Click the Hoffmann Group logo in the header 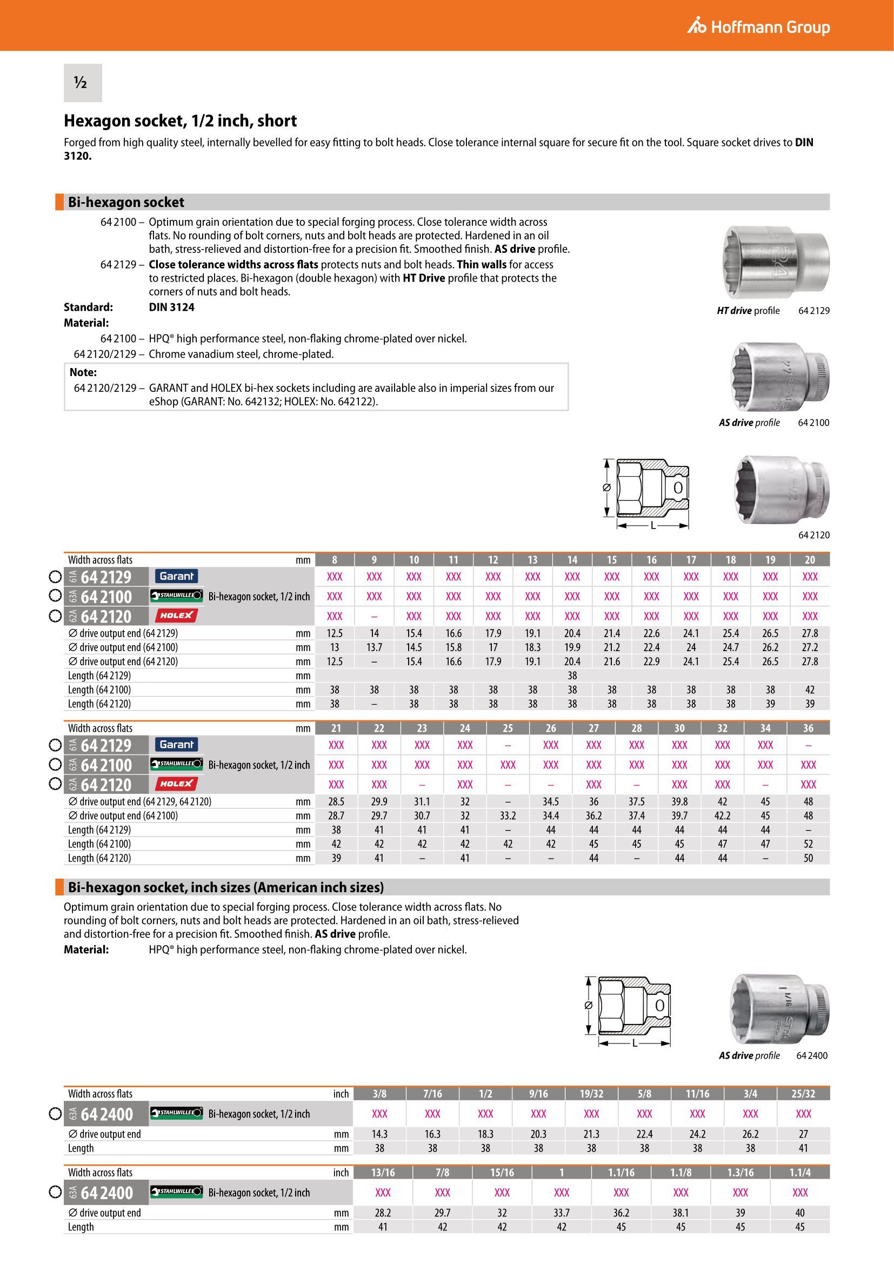758,26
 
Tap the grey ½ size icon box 83,83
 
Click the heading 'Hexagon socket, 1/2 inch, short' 180,121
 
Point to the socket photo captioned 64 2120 782,490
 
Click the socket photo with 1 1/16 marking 779,1009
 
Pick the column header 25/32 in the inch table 803,1093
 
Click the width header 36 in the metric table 808,728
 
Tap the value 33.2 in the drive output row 508,816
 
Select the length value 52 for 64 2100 808,844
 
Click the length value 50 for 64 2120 808,858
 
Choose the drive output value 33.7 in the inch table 562,1212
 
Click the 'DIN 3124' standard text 171,307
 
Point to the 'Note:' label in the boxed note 83,372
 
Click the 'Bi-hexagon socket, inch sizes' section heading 226,887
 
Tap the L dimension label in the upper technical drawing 653,525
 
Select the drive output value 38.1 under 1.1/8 680,1212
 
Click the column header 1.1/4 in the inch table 800,1172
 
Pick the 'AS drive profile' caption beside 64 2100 749,423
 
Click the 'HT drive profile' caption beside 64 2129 748,311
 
